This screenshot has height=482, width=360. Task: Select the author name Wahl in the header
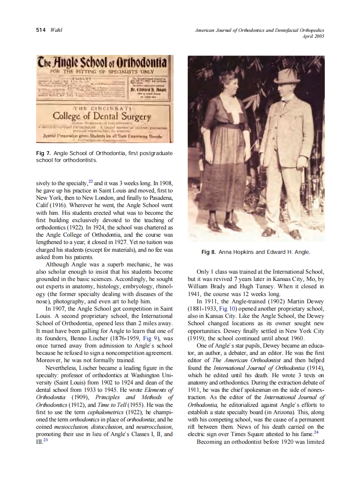(x=56, y=30)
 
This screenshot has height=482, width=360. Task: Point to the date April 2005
(x=314, y=36)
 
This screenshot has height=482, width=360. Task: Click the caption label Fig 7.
(x=43, y=153)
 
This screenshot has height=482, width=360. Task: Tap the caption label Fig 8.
(x=208, y=252)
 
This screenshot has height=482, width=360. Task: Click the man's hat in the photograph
(x=287, y=76)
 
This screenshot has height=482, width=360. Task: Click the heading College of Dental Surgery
(x=102, y=117)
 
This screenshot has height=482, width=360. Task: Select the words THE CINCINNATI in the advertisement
(x=102, y=108)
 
